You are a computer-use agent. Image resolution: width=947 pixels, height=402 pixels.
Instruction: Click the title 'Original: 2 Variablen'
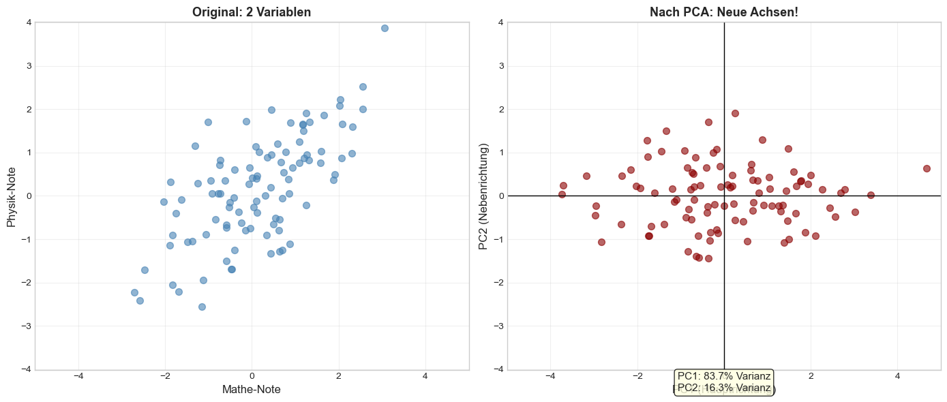[x=252, y=12]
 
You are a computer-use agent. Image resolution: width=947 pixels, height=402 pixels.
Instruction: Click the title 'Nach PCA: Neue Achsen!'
[x=724, y=12]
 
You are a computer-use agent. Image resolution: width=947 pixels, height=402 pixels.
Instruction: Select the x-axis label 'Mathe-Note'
[x=252, y=389]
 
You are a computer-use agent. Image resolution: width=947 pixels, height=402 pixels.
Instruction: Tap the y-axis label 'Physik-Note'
[x=11, y=196]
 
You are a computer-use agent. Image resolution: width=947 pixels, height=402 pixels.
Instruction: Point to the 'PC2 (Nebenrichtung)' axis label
[x=484, y=196]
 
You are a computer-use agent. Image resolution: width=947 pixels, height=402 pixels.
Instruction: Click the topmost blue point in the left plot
[x=385, y=28]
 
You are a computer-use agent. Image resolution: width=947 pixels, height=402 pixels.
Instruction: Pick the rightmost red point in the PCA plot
[x=927, y=168]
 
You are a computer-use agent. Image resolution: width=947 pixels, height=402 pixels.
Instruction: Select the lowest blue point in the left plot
[x=202, y=307]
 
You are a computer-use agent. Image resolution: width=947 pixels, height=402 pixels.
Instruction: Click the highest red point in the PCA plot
[x=735, y=113]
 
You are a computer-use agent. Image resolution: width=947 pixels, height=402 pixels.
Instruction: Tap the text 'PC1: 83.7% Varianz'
[x=724, y=376]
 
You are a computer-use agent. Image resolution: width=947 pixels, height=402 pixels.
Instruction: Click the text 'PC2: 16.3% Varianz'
[x=724, y=388]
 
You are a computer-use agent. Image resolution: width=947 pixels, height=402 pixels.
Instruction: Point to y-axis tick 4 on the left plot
[x=27, y=22]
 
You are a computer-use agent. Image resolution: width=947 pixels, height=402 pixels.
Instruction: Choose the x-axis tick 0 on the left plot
[x=252, y=376]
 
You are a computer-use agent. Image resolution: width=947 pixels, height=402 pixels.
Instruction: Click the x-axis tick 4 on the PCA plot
[x=897, y=376]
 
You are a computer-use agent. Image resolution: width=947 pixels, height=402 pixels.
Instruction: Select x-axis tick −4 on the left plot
[x=78, y=376]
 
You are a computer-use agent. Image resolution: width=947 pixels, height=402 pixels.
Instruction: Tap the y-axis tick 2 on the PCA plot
[x=500, y=109]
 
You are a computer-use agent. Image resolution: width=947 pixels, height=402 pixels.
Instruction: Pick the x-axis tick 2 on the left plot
[x=338, y=376]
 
